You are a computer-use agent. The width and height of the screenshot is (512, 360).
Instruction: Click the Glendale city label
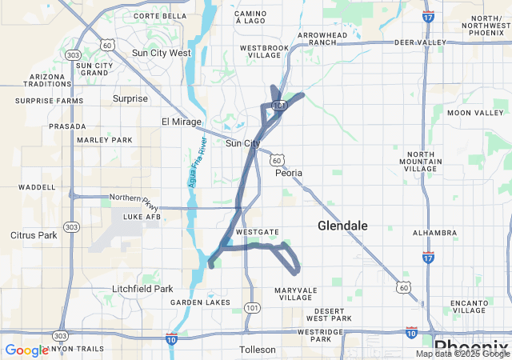click(342, 226)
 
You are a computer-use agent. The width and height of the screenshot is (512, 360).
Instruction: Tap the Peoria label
click(289, 173)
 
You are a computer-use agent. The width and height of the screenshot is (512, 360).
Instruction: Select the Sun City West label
click(161, 53)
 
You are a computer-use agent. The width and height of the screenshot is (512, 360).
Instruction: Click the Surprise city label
click(130, 98)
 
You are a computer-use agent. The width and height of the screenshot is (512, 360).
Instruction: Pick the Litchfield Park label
click(142, 289)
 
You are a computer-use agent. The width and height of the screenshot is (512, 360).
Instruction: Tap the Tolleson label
click(258, 350)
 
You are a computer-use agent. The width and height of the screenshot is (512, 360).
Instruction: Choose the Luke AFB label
click(142, 217)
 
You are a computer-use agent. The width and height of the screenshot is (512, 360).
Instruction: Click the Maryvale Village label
click(298, 294)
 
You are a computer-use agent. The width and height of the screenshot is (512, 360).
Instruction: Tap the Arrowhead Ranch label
click(323, 40)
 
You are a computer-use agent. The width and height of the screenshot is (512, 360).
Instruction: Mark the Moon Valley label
click(475, 113)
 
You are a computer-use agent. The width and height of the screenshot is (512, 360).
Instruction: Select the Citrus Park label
click(34, 235)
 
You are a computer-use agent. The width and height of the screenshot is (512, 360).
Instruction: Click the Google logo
click(26, 350)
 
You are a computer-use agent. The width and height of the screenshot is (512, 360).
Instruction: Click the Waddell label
click(37, 187)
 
